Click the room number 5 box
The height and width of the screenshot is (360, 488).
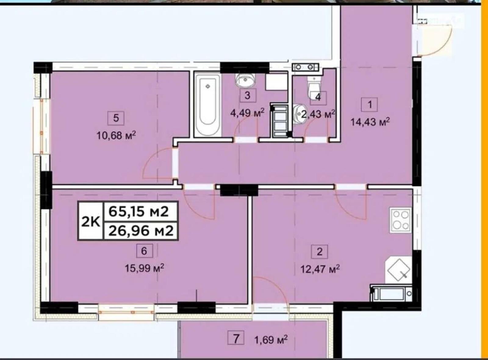[x=116, y=118]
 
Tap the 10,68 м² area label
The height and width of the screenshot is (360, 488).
[x=116, y=135]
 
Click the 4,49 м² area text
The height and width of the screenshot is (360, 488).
[x=247, y=113]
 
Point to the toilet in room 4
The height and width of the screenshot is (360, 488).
[x=314, y=87]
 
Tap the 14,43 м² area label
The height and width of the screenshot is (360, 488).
[x=370, y=122]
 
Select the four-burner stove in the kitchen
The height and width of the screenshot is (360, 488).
[x=401, y=220]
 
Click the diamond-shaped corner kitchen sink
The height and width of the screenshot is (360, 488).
[x=398, y=270]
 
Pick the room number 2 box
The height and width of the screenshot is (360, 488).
[x=319, y=251]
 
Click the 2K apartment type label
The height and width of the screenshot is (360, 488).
[x=91, y=221]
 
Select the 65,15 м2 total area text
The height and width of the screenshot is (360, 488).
[x=138, y=212]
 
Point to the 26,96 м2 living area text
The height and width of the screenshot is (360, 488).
[x=141, y=231]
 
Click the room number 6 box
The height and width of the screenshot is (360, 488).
[x=144, y=251]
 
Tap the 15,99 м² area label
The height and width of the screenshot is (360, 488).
[x=145, y=268]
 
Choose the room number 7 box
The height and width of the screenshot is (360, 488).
[x=236, y=337]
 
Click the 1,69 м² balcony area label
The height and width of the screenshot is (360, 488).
[x=271, y=340]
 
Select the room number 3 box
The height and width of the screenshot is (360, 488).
[x=248, y=95]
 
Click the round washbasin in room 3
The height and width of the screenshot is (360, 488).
[x=246, y=80]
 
